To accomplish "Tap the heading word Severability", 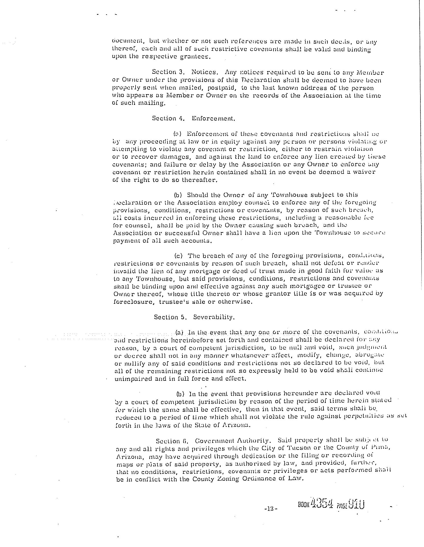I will (x=214, y=317).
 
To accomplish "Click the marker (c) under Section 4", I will (x=179, y=256).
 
